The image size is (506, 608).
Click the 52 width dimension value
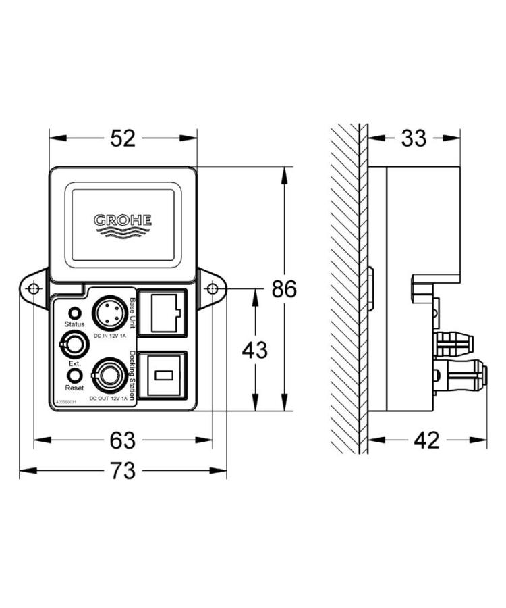tap(123, 138)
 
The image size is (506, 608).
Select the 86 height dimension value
tap(284, 289)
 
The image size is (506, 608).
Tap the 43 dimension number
tap(254, 350)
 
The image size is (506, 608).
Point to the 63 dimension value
tap(123, 440)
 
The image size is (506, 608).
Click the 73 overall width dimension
tap(123, 471)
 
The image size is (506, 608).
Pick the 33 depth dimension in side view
tap(414, 138)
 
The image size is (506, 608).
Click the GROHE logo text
tap(123, 220)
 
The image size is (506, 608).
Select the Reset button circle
tap(74, 375)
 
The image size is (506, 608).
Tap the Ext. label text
tap(74, 363)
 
